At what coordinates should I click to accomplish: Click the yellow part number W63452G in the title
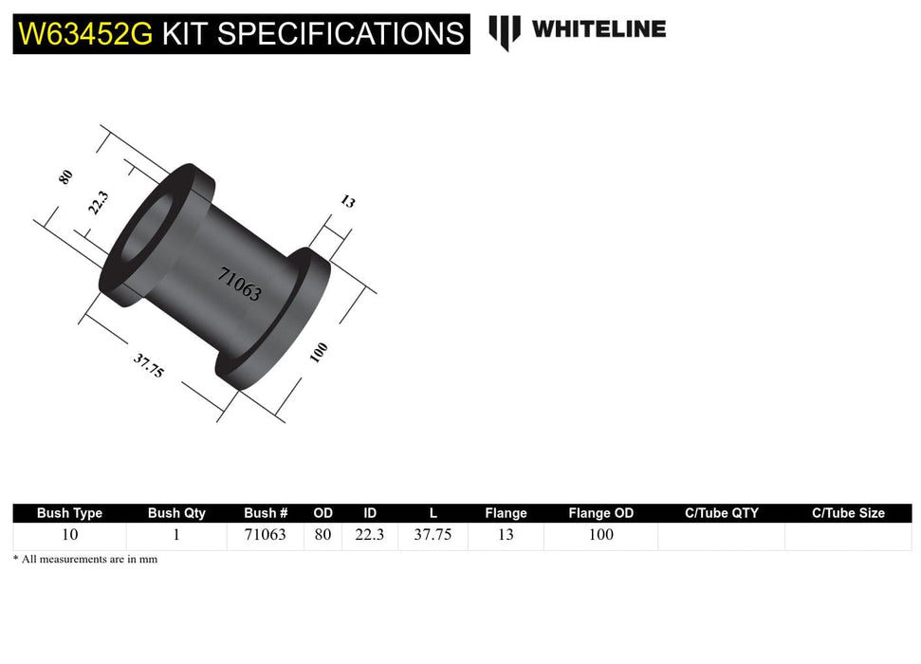(86, 34)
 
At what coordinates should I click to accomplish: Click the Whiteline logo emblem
(505, 31)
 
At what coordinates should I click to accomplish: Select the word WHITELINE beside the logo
(599, 28)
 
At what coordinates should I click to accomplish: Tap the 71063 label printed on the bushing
(239, 284)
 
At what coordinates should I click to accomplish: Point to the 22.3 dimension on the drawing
(98, 203)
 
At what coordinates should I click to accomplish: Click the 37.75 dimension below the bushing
(149, 365)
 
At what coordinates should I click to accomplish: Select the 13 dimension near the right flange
(347, 201)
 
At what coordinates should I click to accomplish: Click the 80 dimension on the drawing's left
(65, 176)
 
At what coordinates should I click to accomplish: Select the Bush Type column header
(69, 513)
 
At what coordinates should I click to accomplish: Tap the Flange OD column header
(600, 513)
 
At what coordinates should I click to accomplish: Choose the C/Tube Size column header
(848, 513)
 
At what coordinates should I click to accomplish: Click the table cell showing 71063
(265, 535)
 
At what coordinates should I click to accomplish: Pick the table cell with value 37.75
(433, 535)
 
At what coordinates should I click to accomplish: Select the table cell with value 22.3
(370, 535)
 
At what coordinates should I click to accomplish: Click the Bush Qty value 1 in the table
(176, 535)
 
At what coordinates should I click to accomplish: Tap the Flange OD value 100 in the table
(600, 535)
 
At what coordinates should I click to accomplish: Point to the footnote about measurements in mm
(85, 560)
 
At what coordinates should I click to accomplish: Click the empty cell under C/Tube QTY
(721, 536)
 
